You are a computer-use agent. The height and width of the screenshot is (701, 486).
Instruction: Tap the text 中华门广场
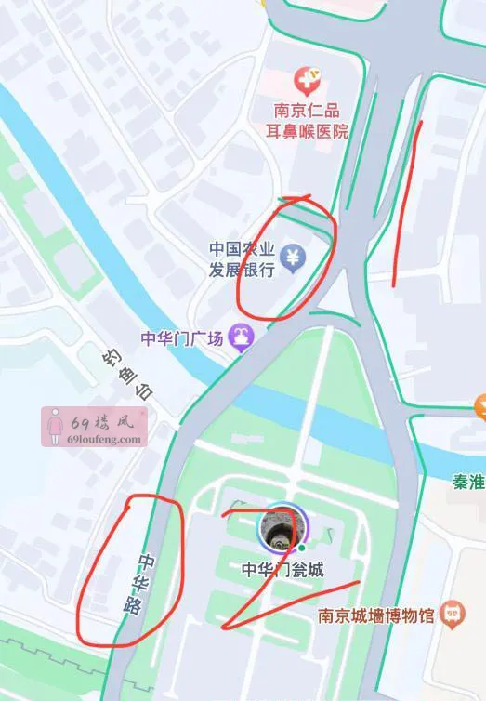[181, 339]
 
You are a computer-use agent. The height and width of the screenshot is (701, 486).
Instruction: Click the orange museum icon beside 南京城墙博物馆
[453, 613]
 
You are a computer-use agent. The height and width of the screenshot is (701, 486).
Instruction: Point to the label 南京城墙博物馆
[375, 615]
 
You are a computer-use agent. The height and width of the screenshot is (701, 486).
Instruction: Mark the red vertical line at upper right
[406, 200]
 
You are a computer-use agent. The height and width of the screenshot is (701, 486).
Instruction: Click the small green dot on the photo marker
[301, 548]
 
